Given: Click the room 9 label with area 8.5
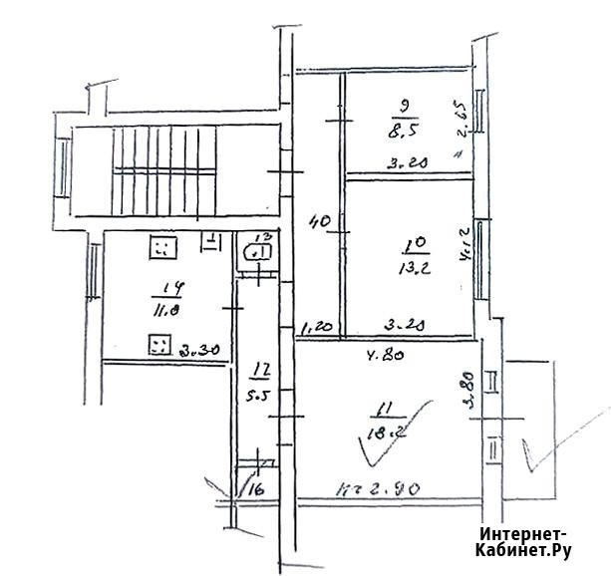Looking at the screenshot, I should [406, 116].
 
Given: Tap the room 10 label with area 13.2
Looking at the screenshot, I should [413, 254].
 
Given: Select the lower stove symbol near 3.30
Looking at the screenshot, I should [157, 346].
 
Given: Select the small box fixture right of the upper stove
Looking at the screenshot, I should [211, 239].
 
